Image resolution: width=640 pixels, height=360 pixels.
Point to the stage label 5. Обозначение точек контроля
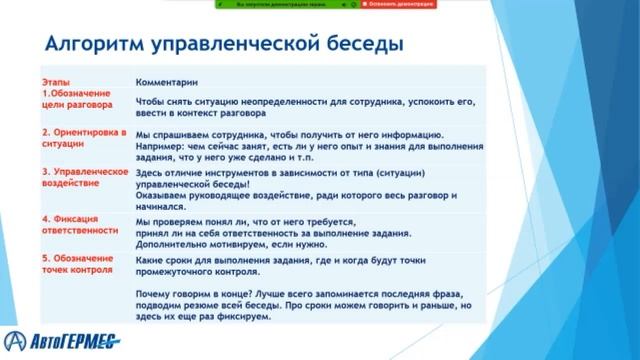[81, 264]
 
